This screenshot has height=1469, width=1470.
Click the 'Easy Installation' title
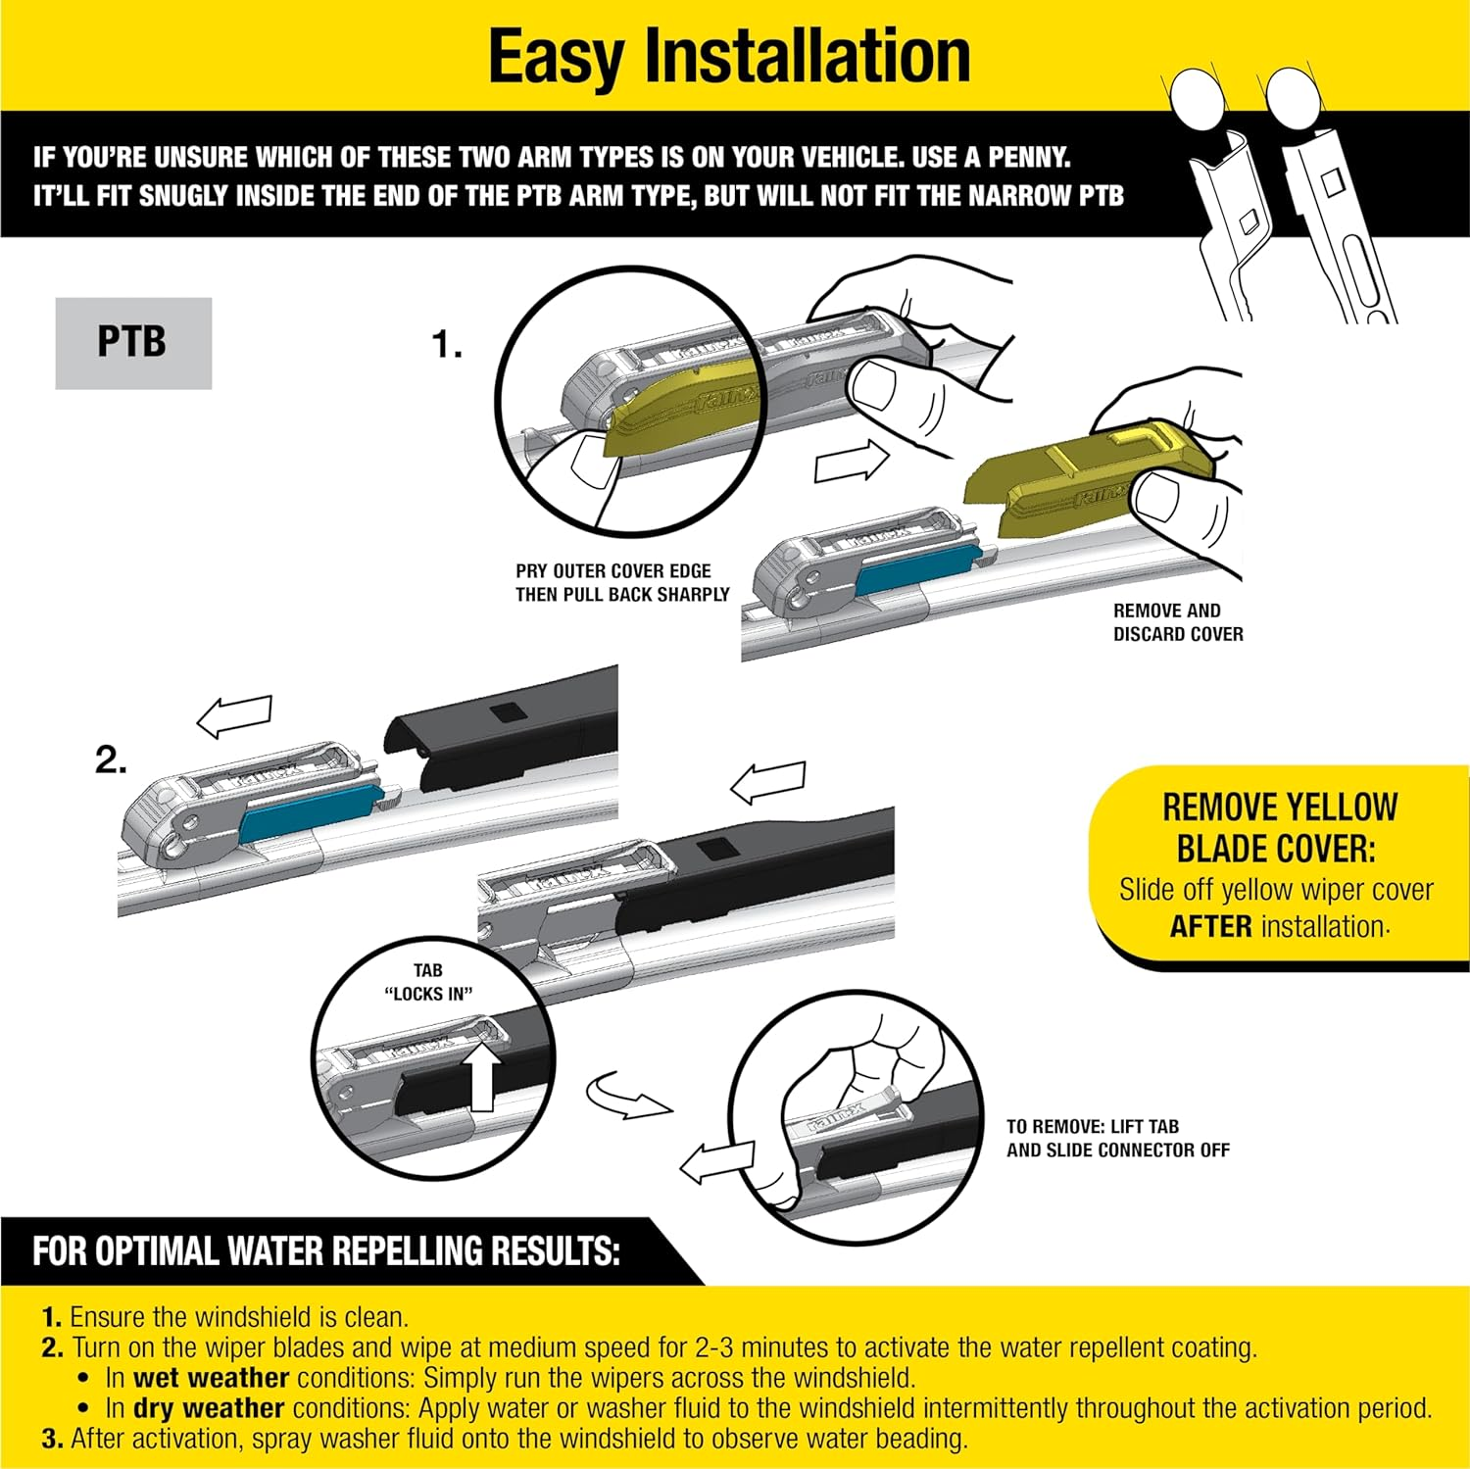click(x=729, y=56)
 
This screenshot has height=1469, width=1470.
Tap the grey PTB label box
click(x=133, y=343)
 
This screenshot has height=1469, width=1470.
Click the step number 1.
click(x=447, y=345)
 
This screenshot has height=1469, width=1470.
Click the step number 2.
click(x=111, y=760)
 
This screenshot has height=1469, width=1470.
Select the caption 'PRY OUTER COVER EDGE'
click(x=613, y=570)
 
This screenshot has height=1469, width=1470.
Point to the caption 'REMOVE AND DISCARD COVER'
click(x=1177, y=622)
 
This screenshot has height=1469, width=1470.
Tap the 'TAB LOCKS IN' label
click(x=428, y=982)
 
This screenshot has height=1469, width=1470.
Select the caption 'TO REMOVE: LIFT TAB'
click(x=1093, y=1127)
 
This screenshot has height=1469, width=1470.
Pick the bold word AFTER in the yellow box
click(x=1210, y=926)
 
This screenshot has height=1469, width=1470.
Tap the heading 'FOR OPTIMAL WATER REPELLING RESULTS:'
click(x=325, y=1251)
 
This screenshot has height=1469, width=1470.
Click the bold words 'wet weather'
click(x=211, y=1378)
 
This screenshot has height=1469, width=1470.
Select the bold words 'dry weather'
click(x=209, y=1408)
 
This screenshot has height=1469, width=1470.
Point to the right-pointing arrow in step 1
click(x=850, y=463)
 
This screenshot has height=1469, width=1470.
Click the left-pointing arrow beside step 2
click(x=234, y=716)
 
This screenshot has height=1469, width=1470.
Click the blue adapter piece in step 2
click(x=307, y=810)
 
